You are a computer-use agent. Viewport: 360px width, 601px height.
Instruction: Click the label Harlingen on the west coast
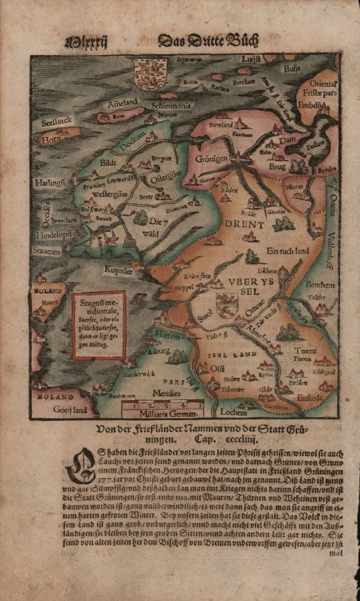(49, 183)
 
